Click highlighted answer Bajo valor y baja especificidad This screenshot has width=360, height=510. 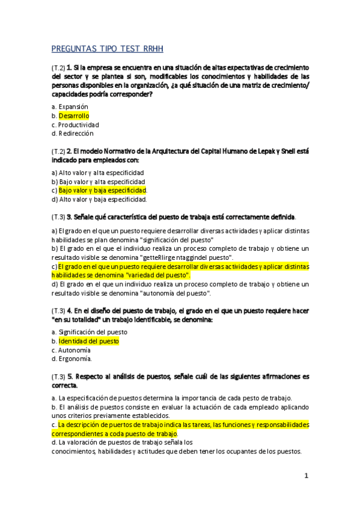coord(103,191)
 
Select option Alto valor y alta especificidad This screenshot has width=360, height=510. coord(101,173)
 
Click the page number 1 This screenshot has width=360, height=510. coord(306,476)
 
